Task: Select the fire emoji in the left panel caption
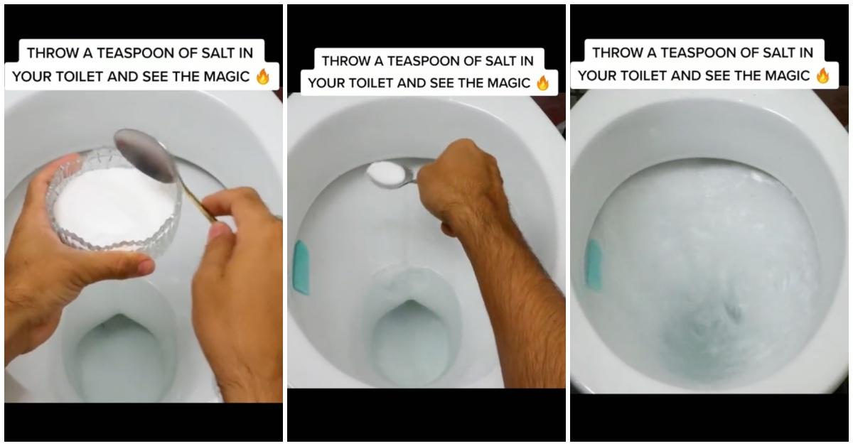pos(263,77)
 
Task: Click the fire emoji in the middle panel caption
pos(543,83)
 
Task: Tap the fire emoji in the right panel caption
pos(823,75)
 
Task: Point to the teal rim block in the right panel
pos(594,264)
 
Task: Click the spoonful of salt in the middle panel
pos(385,171)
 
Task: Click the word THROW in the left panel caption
pos(50,53)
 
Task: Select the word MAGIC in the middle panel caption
pos(505,83)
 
